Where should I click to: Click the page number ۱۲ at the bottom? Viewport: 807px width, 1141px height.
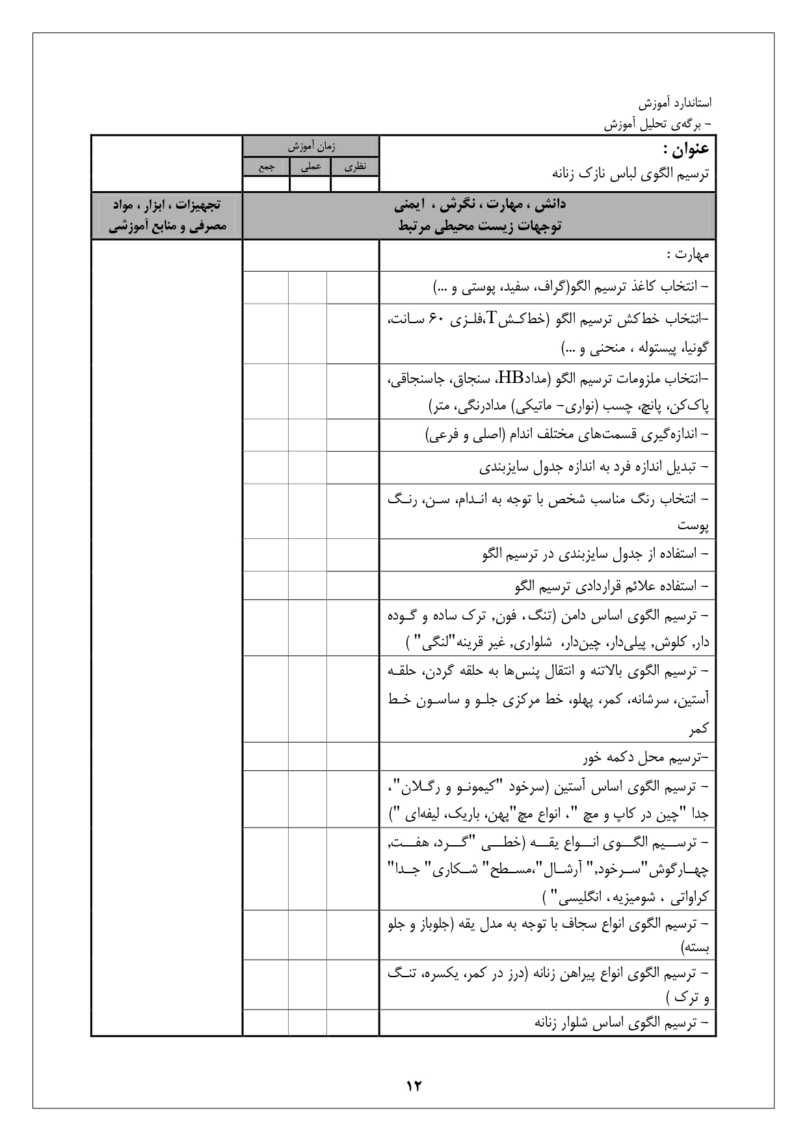(x=414, y=1085)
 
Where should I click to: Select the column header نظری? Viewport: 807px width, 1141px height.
(x=355, y=166)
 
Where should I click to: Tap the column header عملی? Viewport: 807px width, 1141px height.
(x=310, y=166)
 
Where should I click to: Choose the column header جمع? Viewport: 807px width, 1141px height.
(x=266, y=166)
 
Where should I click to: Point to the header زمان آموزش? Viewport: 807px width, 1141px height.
(x=311, y=147)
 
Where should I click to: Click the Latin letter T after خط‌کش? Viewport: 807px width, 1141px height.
(x=492, y=317)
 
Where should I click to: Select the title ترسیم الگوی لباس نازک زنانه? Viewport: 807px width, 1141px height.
(x=630, y=174)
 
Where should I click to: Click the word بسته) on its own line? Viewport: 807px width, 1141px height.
(x=695, y=948)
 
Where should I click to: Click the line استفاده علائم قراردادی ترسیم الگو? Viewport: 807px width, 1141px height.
(x=611, y=586)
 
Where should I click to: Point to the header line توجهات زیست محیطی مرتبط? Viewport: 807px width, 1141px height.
(x=481, y=226)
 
